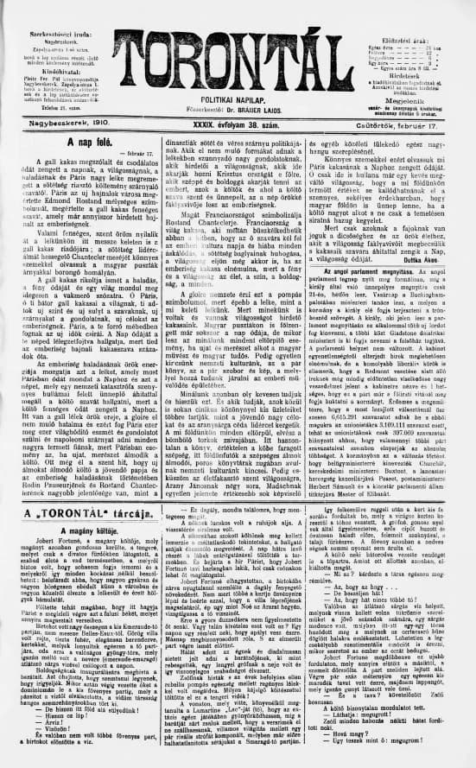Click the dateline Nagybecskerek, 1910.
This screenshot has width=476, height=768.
point(52,124)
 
